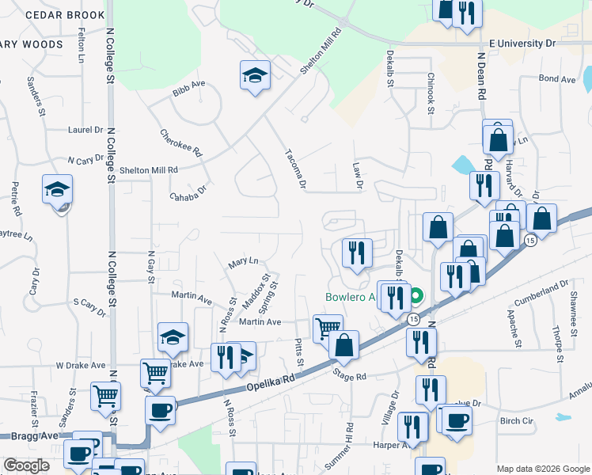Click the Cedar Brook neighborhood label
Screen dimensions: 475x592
[x=64, y=15]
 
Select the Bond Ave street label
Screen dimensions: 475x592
[x=556, y=79]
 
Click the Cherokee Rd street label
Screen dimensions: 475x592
[x=181, y=143]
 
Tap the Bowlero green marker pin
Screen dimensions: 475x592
[x=416, y=298]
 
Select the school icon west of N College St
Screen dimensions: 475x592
[x=57, y=190]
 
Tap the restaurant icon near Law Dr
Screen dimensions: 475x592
[x=357, y=253]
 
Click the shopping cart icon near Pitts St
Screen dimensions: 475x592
[x=327, y=326]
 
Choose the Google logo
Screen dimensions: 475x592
[x=26, y=465]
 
